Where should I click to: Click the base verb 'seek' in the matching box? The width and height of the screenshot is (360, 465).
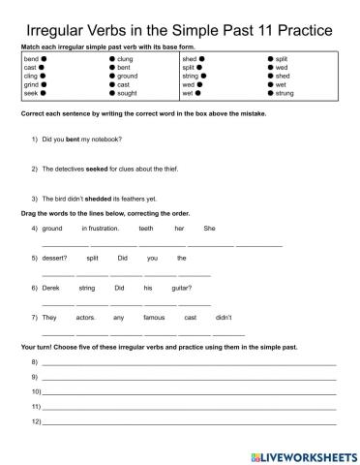(x=29, y=94)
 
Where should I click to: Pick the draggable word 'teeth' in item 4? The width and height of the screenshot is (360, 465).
(x=145, y=228)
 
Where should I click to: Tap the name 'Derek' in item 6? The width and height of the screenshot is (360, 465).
(x=52, y=288)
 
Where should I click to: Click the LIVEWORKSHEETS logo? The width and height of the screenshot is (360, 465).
(x=302, y=454)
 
